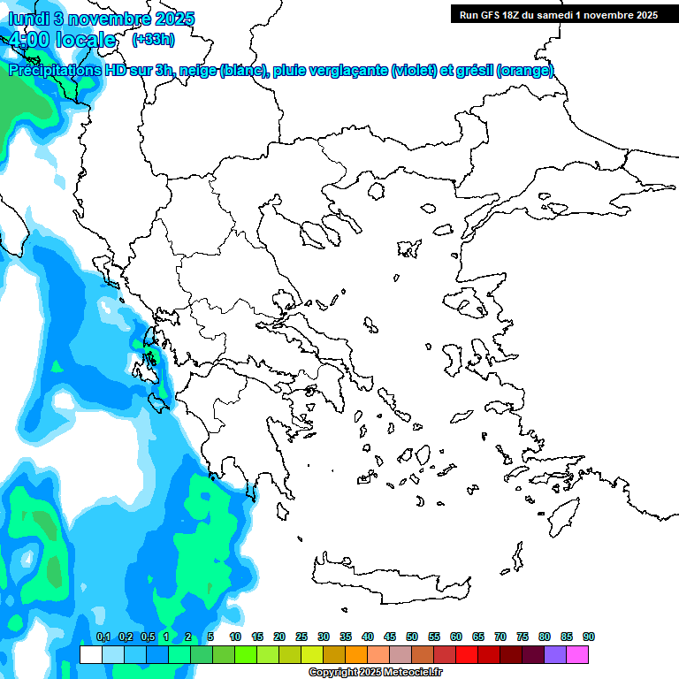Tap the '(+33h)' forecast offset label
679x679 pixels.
(153, 40)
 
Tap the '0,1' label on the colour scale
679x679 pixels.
(103, 637)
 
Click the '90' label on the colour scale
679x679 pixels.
(589, 637)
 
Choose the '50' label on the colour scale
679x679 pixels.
(412, 637)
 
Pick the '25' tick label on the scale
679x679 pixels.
(301, 637)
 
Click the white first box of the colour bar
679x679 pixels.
(90, 654)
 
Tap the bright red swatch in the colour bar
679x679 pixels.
(467, 654)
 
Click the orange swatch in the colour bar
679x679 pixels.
(356, 654)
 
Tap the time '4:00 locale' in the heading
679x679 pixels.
(62, 41)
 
